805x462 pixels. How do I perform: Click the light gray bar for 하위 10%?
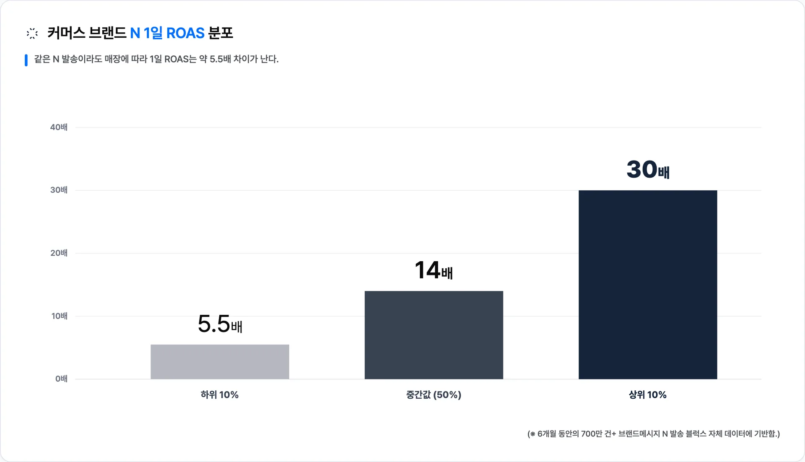(x=220, y=362)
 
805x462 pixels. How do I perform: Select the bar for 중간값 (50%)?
(x=434, y=335)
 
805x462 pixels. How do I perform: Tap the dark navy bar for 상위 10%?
(x=648, y=285)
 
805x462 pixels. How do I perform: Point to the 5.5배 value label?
(x=220, y=324)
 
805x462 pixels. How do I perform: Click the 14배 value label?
(x=434, y=270)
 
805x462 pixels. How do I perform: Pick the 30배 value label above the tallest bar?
(x=648, y=169)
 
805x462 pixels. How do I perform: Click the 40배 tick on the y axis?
(x=59, y=127)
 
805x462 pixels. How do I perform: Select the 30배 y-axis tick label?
(x=59, y=190)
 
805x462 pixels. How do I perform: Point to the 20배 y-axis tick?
(x=59, y=253)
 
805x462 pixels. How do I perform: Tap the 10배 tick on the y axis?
(x=59, y=316)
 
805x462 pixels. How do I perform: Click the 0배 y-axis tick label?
(x=61, y=379)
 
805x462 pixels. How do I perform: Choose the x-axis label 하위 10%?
(x=220, y=395)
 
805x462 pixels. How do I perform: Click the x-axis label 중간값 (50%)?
(x=434, y=395)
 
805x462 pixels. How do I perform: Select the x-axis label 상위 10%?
(x=648, y=395)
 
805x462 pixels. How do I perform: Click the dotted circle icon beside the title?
(x=32, y=34)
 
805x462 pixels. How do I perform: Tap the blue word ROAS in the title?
(x=185, y=33)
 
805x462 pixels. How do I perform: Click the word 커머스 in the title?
(x=66, y=33)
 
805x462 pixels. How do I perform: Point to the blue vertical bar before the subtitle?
(x=26, y=60)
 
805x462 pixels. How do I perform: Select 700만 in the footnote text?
(x=591, y=434)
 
